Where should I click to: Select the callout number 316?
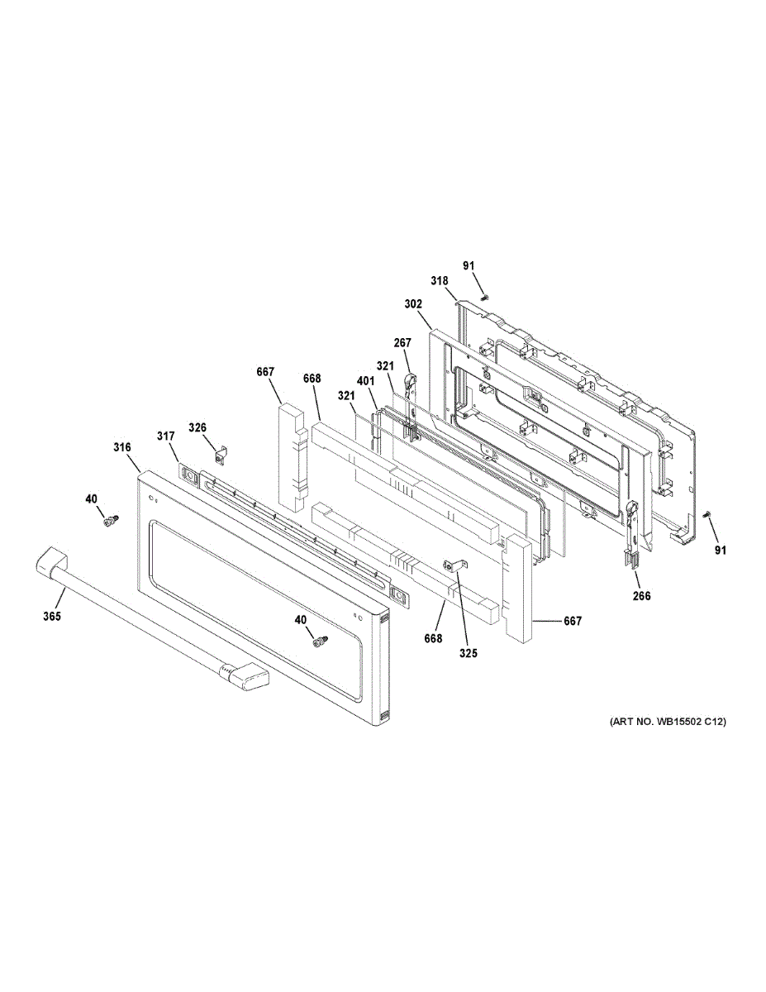[122, 447]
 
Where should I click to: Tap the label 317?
[166, 436]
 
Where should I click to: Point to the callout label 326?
[197, 427]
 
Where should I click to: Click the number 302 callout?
[413, 303]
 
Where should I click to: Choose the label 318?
[438, 281]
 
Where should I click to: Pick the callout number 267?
[402, 343]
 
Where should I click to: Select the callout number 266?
[641, 595]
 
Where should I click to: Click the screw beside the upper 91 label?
[484, 295]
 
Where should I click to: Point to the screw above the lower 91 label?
[707, 516]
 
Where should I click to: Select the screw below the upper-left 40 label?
[108, 520]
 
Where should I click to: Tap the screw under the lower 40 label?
[317, 641]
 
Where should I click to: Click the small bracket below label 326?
[219, 454]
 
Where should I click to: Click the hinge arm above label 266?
[632, 529]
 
